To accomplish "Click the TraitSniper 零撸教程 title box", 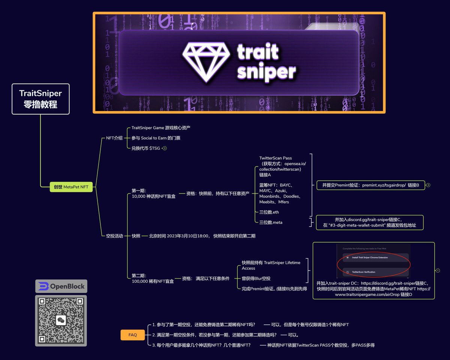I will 40,99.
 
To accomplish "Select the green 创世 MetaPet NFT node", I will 71,186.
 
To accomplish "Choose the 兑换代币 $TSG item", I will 145,148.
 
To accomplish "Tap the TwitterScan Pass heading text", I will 275,158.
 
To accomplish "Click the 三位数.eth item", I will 269,212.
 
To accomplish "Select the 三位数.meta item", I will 271,222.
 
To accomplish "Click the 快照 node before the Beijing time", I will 136,236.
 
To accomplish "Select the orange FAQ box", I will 132,335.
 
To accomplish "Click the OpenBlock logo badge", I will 61,286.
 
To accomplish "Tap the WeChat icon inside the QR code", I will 61,320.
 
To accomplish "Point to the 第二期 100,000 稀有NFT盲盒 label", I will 153,278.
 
